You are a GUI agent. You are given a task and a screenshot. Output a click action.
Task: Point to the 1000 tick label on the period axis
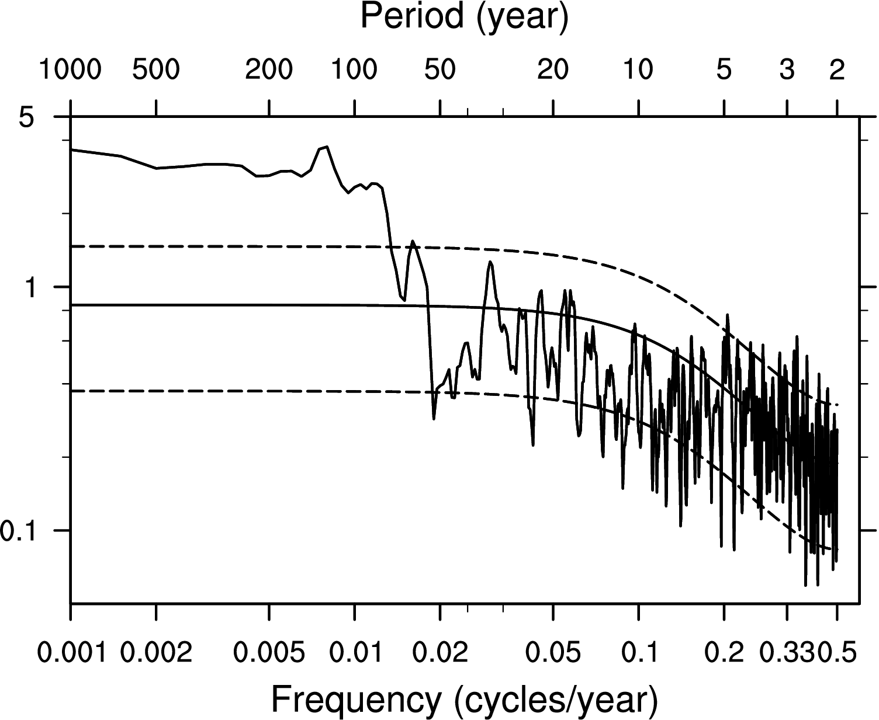70,70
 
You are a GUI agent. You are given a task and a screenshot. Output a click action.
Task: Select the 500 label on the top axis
155,70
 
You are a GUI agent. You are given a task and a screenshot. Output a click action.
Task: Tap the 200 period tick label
269,70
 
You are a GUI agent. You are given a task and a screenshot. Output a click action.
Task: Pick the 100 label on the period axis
354,70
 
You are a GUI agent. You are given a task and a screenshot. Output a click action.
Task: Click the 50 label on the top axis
439,70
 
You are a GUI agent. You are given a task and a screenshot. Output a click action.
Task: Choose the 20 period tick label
553,70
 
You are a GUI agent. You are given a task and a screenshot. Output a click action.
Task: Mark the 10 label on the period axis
638,70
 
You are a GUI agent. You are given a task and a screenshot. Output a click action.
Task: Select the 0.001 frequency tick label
71,652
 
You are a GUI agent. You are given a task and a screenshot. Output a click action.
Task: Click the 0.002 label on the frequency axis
156,652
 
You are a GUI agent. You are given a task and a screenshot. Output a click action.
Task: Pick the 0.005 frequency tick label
269,652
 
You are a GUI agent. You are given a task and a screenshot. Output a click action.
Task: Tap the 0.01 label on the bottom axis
355,652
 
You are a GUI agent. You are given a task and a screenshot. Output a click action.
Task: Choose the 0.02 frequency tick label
439,652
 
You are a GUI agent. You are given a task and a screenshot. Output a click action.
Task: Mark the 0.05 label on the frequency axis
553,652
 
